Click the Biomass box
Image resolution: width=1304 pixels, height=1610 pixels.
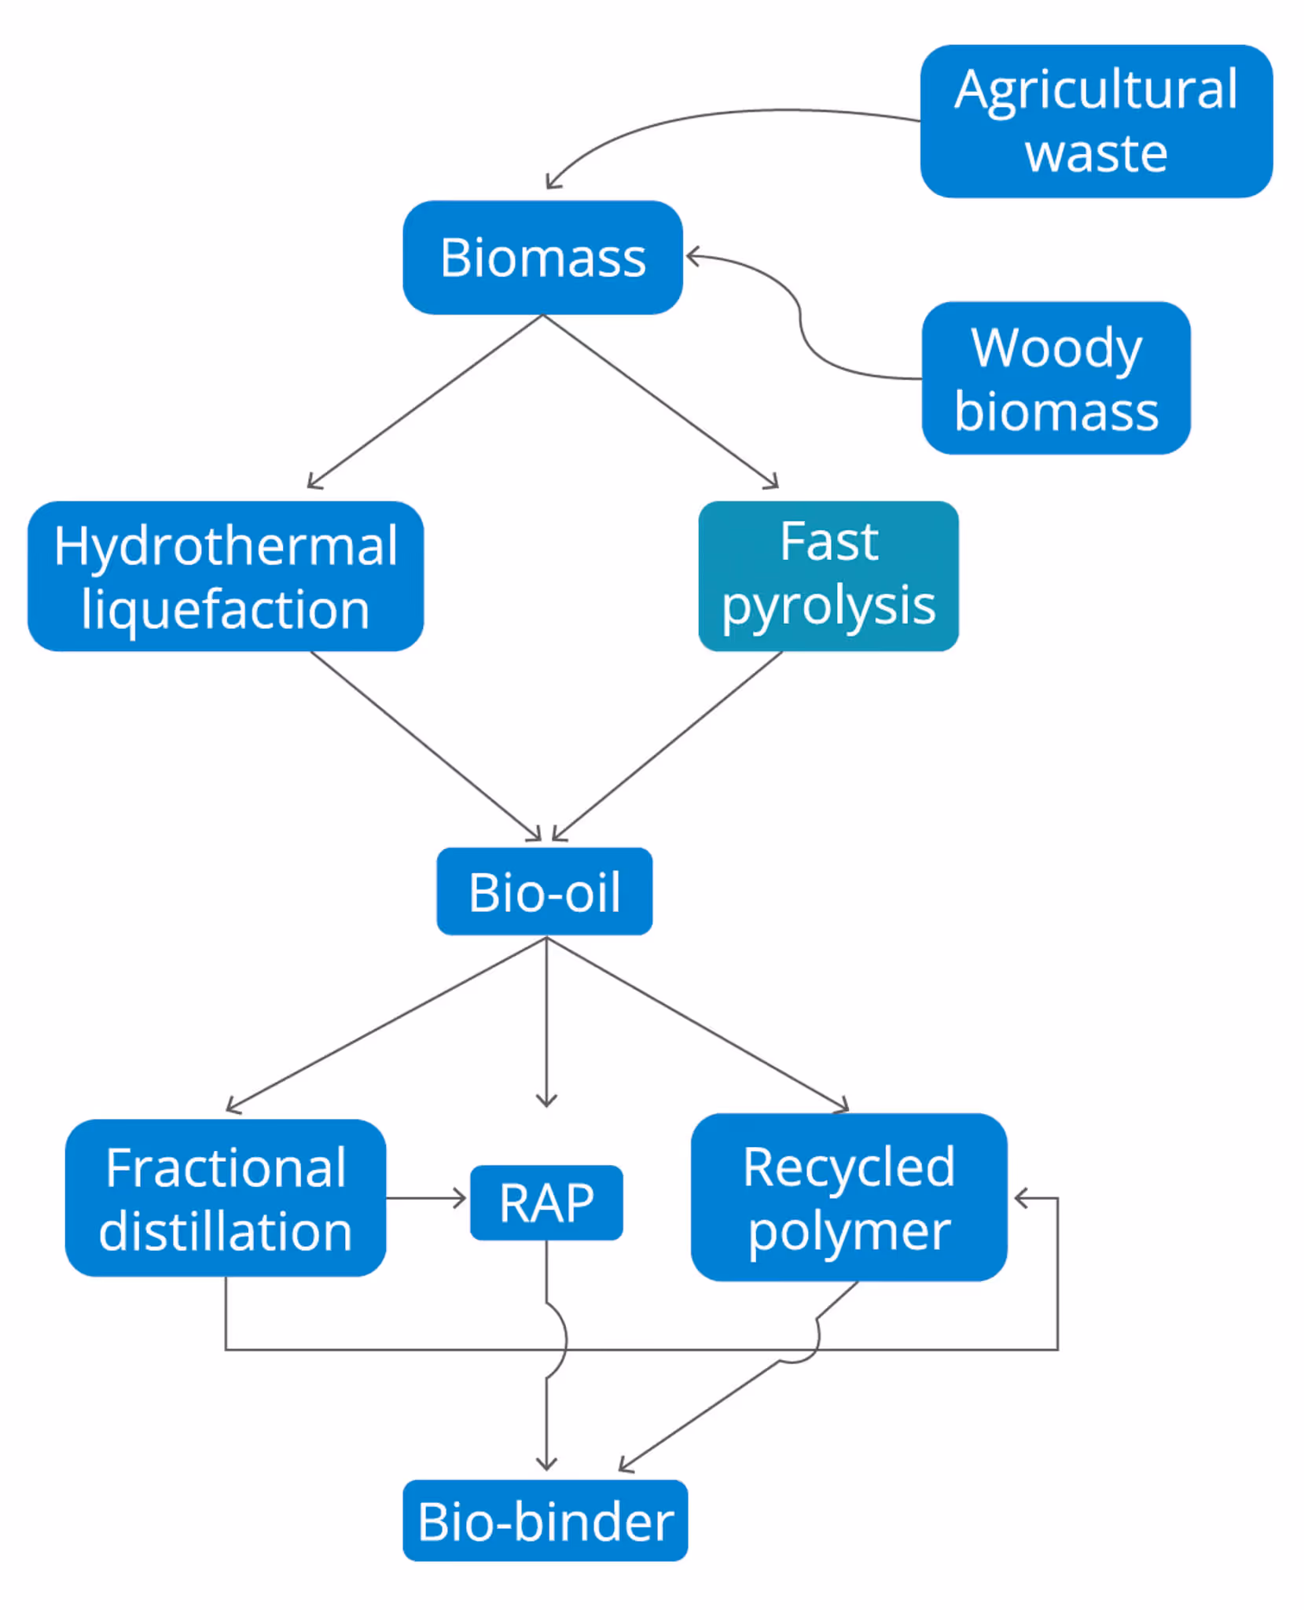[542, 258]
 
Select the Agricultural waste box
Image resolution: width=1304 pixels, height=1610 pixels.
[1096, 121]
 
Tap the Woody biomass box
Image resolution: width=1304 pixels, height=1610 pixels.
[1056, 378]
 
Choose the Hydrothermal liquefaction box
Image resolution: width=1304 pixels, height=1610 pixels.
[226, 576]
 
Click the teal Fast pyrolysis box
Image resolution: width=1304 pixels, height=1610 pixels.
[828, 576]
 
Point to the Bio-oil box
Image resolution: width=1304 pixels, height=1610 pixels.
[544, 891]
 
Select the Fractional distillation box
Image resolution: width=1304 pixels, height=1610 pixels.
[226, 1198]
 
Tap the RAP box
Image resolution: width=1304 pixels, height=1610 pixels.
[546, 1203]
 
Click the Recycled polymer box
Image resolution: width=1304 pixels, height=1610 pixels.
[849, 1198]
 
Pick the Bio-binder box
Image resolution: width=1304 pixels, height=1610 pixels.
[545, 1520]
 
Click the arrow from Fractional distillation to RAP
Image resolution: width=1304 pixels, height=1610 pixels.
[426, 1198]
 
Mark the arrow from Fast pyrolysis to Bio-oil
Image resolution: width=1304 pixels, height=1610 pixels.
[668, 745]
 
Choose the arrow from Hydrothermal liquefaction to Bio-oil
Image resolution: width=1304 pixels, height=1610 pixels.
[424, 745]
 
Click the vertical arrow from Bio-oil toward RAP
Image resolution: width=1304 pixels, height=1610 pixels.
[546, 1022]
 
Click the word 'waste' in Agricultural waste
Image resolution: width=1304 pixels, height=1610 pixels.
[1096, 153]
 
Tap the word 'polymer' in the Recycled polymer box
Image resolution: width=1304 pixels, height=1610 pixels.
[849, 1232]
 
